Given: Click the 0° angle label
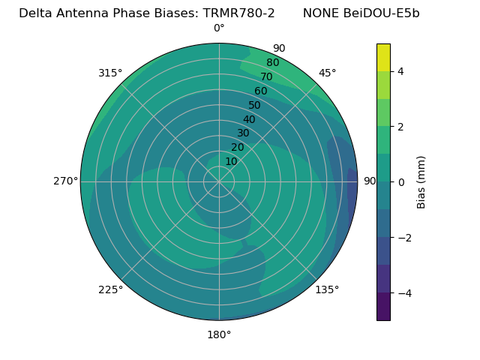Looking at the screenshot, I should (219, 28).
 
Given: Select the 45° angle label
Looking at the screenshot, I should (327, 73).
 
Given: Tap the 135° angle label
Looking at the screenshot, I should (327, 289).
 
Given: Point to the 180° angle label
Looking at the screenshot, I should (219, 334).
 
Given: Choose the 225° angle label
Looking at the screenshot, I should (110, 289).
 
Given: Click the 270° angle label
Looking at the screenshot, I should (65, 181).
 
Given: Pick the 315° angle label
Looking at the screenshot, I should (110, 73).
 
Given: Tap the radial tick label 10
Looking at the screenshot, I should (231, 161).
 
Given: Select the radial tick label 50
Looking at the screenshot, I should (255, 105).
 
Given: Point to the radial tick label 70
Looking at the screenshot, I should (266, 76).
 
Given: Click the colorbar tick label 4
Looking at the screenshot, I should (400, 71).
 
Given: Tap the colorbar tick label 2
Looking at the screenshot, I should (400, 127).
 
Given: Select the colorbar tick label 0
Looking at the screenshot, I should (400, 182).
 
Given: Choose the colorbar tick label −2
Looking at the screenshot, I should (403, 238).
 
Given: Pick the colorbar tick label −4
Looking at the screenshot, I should (403, 293).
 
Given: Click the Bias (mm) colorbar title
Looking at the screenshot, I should (421, 182).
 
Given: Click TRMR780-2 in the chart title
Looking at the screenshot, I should (238, 13).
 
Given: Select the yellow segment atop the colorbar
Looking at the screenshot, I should (383, 58).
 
